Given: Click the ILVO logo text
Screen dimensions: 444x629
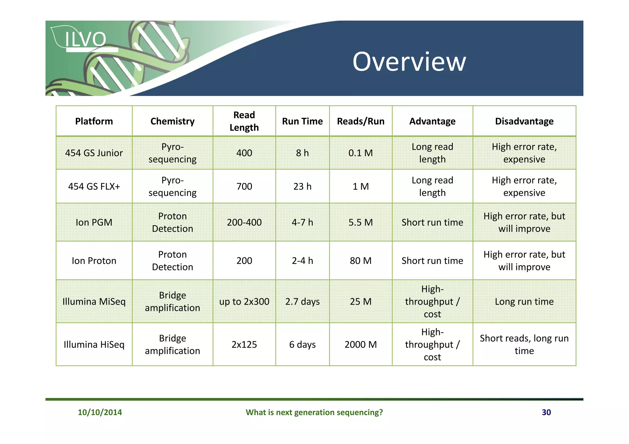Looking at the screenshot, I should (85, 39).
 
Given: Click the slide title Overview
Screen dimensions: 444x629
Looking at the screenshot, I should (409, 62).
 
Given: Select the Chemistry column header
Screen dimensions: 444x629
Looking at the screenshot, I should (172, 121).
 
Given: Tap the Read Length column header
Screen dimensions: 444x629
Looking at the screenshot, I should (244, 121).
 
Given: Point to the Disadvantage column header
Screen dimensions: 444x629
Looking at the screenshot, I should (524, 121).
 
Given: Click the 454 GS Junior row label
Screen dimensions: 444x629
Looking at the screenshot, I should (94, 153).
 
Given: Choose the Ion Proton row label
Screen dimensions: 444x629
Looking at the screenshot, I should (94, 261).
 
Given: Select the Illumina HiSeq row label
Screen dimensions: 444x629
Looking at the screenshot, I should (94, 344).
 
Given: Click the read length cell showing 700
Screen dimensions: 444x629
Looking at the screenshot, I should (244, 186).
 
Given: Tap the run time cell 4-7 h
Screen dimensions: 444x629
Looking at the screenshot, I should (302, 222).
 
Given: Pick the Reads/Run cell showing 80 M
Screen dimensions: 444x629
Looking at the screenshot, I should (361, 261).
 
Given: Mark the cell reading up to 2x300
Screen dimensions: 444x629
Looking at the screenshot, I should (244, 301).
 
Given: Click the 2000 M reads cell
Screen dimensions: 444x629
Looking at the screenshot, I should (361, 344).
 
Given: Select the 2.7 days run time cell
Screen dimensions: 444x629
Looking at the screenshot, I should (302, 301).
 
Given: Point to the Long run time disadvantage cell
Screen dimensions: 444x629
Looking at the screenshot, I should (524, 301).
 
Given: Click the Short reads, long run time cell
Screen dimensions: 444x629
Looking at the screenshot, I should (524, 344).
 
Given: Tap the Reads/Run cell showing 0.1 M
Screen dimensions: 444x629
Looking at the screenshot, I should (361, 153).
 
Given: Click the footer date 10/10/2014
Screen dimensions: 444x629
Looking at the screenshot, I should (100, 412).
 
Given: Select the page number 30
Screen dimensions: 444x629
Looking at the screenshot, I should (546, 412).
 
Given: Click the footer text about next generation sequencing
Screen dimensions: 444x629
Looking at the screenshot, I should (314, 412).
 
